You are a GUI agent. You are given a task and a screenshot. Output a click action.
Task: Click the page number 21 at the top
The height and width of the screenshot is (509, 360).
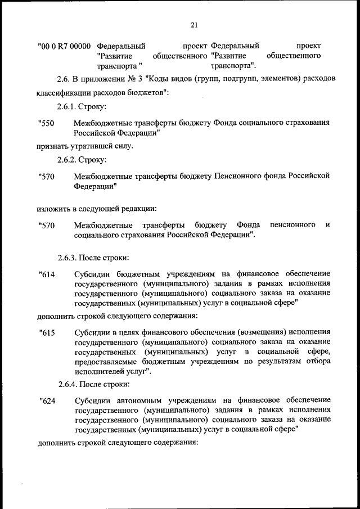(195, 25)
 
